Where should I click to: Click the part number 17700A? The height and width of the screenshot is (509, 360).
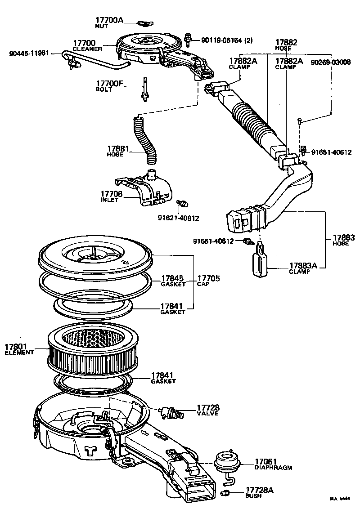108,20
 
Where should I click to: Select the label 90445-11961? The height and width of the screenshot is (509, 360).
29,54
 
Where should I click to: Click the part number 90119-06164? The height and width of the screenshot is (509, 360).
221,40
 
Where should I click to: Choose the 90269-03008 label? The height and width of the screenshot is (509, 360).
331,63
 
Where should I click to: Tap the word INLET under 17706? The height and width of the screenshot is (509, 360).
109,200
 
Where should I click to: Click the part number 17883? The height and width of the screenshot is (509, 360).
344,237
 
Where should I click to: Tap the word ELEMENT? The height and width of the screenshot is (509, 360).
19,353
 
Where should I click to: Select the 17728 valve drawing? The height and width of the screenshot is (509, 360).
171,412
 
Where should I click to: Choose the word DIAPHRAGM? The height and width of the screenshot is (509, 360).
273,468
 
